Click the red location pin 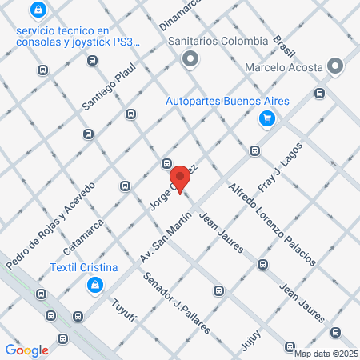tap(180, 178)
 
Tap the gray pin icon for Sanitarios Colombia tap(190, 58)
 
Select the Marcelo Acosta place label tap(284, 66)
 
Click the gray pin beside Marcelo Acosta tap(335, 66)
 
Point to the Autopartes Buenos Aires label tap(227, 102)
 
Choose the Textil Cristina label tap(94, 267)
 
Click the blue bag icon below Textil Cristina tap(94, 285)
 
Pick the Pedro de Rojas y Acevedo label tap(50, 225)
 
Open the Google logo tap(26, 350)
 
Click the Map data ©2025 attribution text tap(326, 354)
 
